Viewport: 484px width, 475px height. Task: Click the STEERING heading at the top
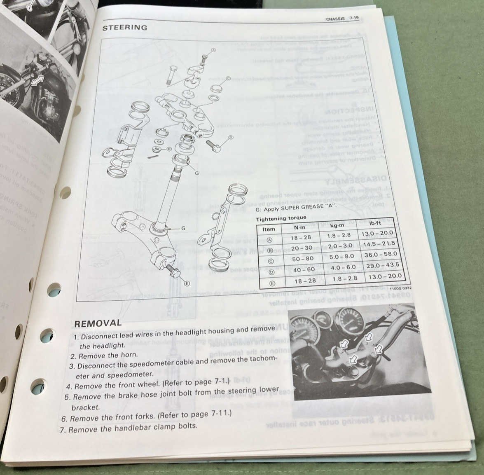click(124, 28)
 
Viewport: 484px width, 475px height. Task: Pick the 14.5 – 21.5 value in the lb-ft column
click(381, 244)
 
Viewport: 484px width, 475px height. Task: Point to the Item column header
click(269, 229)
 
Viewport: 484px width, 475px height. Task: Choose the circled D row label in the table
click(271, 272)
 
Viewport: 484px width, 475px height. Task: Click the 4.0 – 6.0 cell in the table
click(343, 267)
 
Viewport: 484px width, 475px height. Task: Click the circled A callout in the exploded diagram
click(213, 50)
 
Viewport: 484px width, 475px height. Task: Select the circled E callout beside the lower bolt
click(186, 283)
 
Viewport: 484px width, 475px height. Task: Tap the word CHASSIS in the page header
click(335, 19)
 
